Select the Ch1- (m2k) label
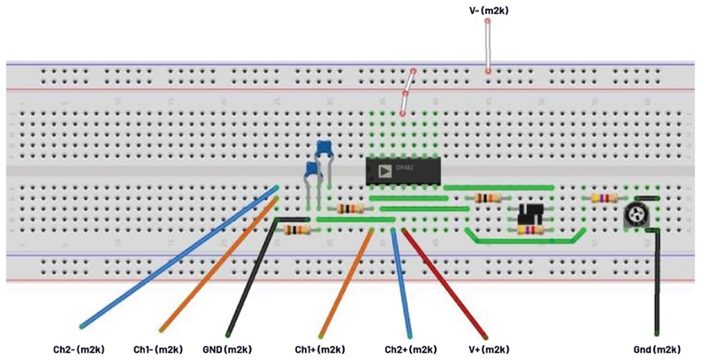coord(160,349)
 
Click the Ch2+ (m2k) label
coord(411,349)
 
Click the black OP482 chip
coord(403,171)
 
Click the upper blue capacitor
coord(324,148)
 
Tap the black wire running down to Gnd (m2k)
coord(657,283)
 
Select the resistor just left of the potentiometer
coord(605,198)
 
